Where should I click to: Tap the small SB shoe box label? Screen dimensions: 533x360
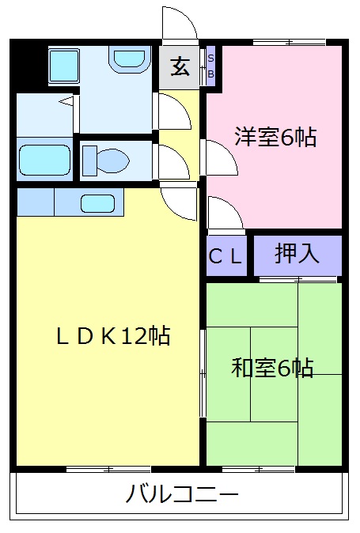[210, 66]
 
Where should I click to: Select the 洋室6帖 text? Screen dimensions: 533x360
[275, 138]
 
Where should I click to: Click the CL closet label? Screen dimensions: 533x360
[228, 256]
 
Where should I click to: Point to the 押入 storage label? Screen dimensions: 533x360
[297, 254]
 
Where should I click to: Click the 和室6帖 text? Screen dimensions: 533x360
[272, 368]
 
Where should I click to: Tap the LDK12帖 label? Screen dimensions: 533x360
[113, 336]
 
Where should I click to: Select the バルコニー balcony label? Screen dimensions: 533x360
[182, 496]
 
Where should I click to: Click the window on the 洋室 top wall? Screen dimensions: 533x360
[290, 41]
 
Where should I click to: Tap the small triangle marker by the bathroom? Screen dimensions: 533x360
[67, 100]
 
